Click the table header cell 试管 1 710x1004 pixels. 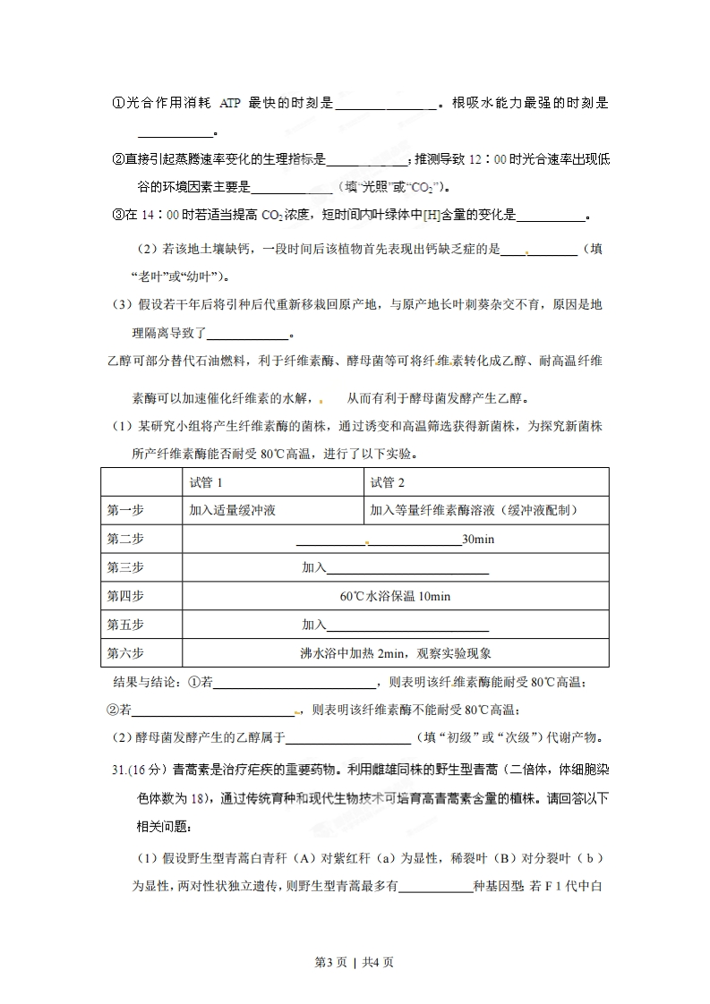point(206,483)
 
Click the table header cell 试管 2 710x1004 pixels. point(387,483)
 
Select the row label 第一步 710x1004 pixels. point(124,510)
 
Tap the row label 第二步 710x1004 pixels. point(124,539)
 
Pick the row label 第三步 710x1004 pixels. point(124,567)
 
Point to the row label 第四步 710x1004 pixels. point(124,596)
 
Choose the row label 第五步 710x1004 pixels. point(124,625)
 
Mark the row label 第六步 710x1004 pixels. point(124,653)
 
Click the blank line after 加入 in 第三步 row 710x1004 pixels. point(407,569)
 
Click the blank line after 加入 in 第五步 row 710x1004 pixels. point(407,626)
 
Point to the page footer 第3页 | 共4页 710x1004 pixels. point(355,963)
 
